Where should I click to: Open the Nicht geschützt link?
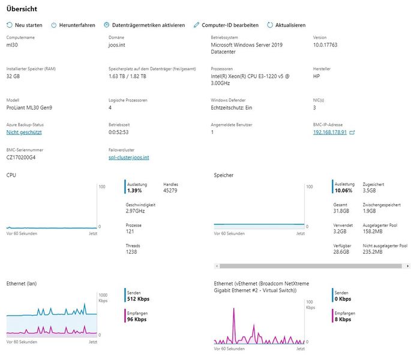coord(24,132)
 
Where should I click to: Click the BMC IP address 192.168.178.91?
coord(330,132)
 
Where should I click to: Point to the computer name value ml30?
coord(13,45)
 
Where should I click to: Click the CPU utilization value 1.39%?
coord(136,190)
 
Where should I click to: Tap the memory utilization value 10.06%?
coord(344,190)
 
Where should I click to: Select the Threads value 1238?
coord(132,252)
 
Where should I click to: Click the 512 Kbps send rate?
coord(138,299)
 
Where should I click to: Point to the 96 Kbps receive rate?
coord(137,319)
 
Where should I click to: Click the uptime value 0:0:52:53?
coord(119,132)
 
